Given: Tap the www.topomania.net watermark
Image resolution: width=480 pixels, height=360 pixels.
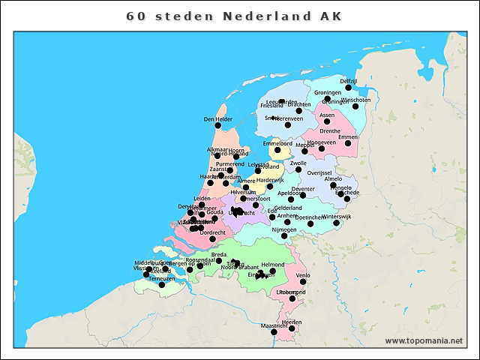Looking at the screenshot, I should point(424,340).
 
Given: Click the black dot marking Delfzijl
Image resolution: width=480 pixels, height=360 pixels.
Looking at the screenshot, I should point(348,88).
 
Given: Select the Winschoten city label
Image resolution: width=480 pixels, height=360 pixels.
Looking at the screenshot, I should point(355,100).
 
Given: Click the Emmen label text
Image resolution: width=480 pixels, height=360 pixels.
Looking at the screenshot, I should point(348,137).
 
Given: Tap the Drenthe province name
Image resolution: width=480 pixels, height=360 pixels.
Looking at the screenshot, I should point(330,131).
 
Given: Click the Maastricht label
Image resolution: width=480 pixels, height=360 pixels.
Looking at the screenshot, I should point(274,326).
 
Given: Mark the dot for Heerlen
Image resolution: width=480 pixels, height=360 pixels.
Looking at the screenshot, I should point(292,328).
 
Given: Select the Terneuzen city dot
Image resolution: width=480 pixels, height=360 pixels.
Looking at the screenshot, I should point(161,285).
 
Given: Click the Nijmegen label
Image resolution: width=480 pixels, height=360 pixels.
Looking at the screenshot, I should point(284,229).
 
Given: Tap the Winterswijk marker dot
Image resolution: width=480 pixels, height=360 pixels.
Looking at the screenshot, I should point(337,223).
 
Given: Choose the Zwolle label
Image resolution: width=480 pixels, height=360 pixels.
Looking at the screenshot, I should point(298,163).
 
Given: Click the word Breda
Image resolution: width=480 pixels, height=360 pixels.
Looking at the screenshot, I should point(219,255).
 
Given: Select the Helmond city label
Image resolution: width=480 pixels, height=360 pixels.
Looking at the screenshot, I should point(272,265).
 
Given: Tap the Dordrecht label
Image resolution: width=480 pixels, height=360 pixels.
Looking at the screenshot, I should point(213,233).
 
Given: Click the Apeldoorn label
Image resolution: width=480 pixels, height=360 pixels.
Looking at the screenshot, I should point(291,193).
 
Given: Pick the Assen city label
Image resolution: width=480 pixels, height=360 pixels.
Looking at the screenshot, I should point(327,115).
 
